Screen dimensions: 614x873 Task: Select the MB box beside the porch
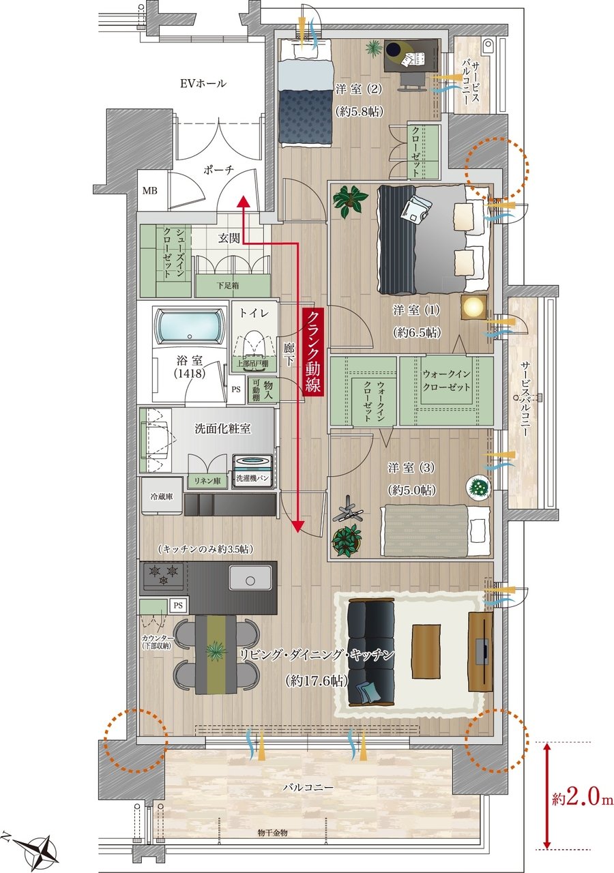coord(149,191)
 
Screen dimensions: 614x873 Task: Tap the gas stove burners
coord(163,574)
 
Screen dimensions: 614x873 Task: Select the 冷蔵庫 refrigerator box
coord(162,497)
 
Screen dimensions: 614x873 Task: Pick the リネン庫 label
coord(207,481)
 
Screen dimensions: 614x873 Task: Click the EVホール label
coord(203,83)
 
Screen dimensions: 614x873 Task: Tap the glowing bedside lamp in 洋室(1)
coord(473,307)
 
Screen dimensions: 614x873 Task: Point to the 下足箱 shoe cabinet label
coord(228,285)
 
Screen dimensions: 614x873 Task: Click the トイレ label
coord(254,312)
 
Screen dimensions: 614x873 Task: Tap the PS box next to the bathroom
coord(236,389)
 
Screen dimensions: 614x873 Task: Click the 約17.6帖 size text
coord(316,681)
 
